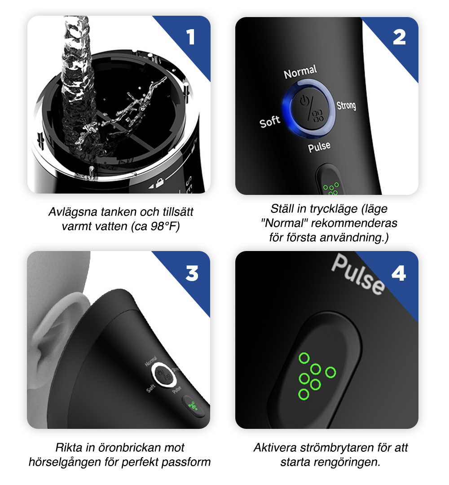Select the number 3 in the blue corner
tap(192, 273)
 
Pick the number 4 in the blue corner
tap(399, 273)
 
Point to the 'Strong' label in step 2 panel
tap(346, 105)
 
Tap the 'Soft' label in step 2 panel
tap(270, 122)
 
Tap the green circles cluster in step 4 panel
tap(314, 375)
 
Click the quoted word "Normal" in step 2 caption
tap(281, 223)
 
